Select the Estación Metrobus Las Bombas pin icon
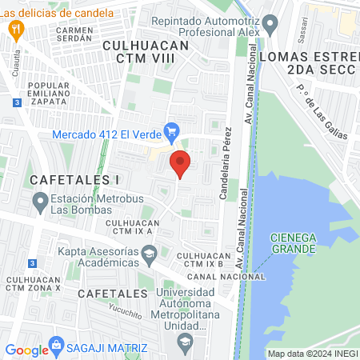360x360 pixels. click(x=40, y=205)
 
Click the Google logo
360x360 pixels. click(x=26, y=350)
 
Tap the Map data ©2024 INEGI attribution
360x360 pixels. click(x=311, y=354)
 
